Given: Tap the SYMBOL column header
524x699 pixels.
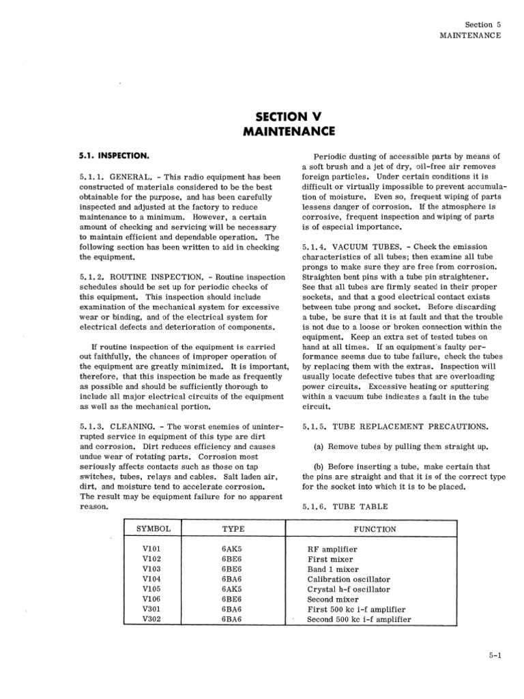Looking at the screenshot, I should pyautogui.click(x=154, y=528).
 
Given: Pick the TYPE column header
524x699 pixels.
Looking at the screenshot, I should pyautogui.click(x=233, y=528).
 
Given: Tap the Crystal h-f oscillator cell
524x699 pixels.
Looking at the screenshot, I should pyautogui.click(x=348, y=589).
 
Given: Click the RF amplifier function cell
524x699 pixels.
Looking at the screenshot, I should pyautogui.click(x=332, y=549).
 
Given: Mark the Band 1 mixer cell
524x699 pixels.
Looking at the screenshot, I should pyautogui.click(x=332, y=569).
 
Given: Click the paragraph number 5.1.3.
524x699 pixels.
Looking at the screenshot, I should pyautogui.click(x=92, y=427).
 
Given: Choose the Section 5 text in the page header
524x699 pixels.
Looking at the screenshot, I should pyautogui.click(x=483, y=25).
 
